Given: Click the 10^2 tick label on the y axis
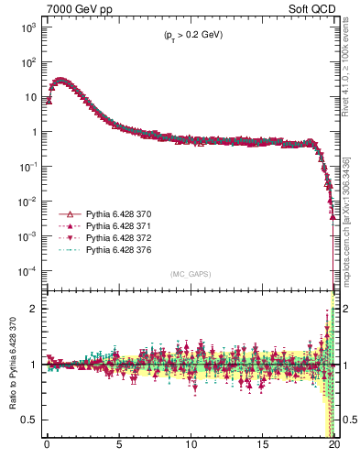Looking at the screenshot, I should pos(28,62).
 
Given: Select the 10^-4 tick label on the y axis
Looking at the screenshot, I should pos(27,271).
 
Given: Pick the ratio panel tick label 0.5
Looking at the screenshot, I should pos(31,420).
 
